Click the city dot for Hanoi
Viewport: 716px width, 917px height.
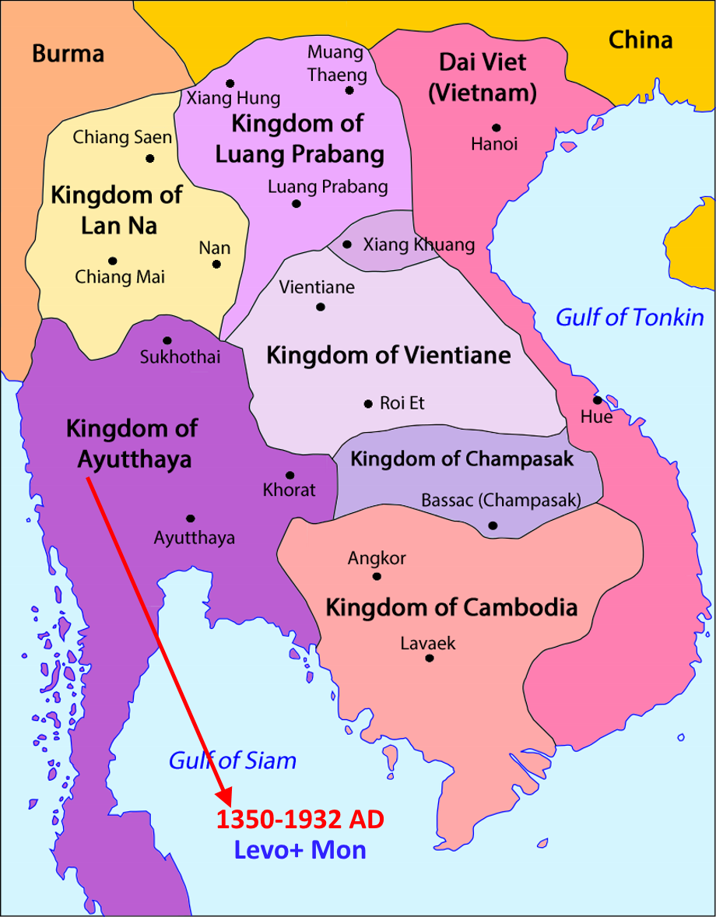click(496, 128)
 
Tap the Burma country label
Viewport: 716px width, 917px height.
click(68, 54)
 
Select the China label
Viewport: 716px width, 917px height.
click(640, 40)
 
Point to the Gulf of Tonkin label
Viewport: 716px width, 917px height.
click(629, 318)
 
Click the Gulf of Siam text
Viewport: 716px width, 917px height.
click(233, 761)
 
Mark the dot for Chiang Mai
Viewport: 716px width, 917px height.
click(113, 261)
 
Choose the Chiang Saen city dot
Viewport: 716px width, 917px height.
click(150, 159)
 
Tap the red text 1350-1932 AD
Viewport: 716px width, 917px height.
click(300, 820)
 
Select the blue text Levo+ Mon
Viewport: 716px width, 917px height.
click(300, 850)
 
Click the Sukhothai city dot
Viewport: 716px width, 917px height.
click(167, 340)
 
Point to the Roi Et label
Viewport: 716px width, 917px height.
click(402, 403)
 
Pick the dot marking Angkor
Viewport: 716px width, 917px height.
click(377, 577)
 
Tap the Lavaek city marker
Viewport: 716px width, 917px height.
click(429, 659)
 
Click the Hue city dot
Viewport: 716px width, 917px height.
click(598, 400)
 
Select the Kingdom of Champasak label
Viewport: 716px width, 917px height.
click(462, 458)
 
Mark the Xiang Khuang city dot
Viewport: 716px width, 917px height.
click(346, 244)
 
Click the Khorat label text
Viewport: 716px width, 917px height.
click(290, 490)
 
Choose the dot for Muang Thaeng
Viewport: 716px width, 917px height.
click(349, 90)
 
